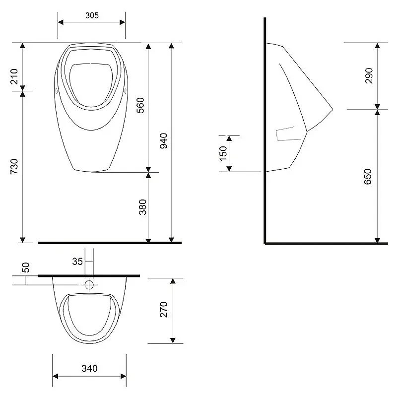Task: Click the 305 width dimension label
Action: click(x=92, y=15)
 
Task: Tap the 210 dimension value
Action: click(x=14, y=76)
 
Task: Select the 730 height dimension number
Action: click(x=14, y=166)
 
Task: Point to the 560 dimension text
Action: click(x=140, y=105)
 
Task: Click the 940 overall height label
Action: click(x=164, y=141)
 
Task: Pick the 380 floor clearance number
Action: click(x=143, y=207)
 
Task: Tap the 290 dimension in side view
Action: click(x=369, y=76)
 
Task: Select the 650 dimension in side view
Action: click(x=368, y=177)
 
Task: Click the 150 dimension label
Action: click(x=223, y=153)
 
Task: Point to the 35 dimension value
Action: click(x=77, y=262)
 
